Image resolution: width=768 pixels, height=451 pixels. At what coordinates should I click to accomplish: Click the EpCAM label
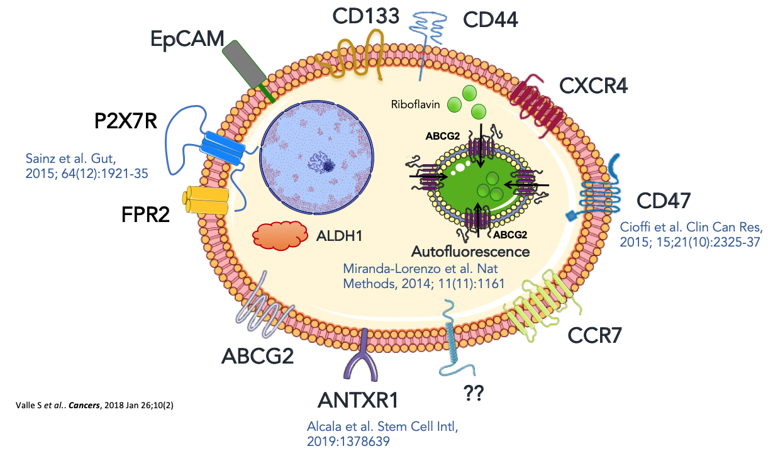tap(187, 40)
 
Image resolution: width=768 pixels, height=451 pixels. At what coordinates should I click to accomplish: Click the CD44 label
tap(490, 20)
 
